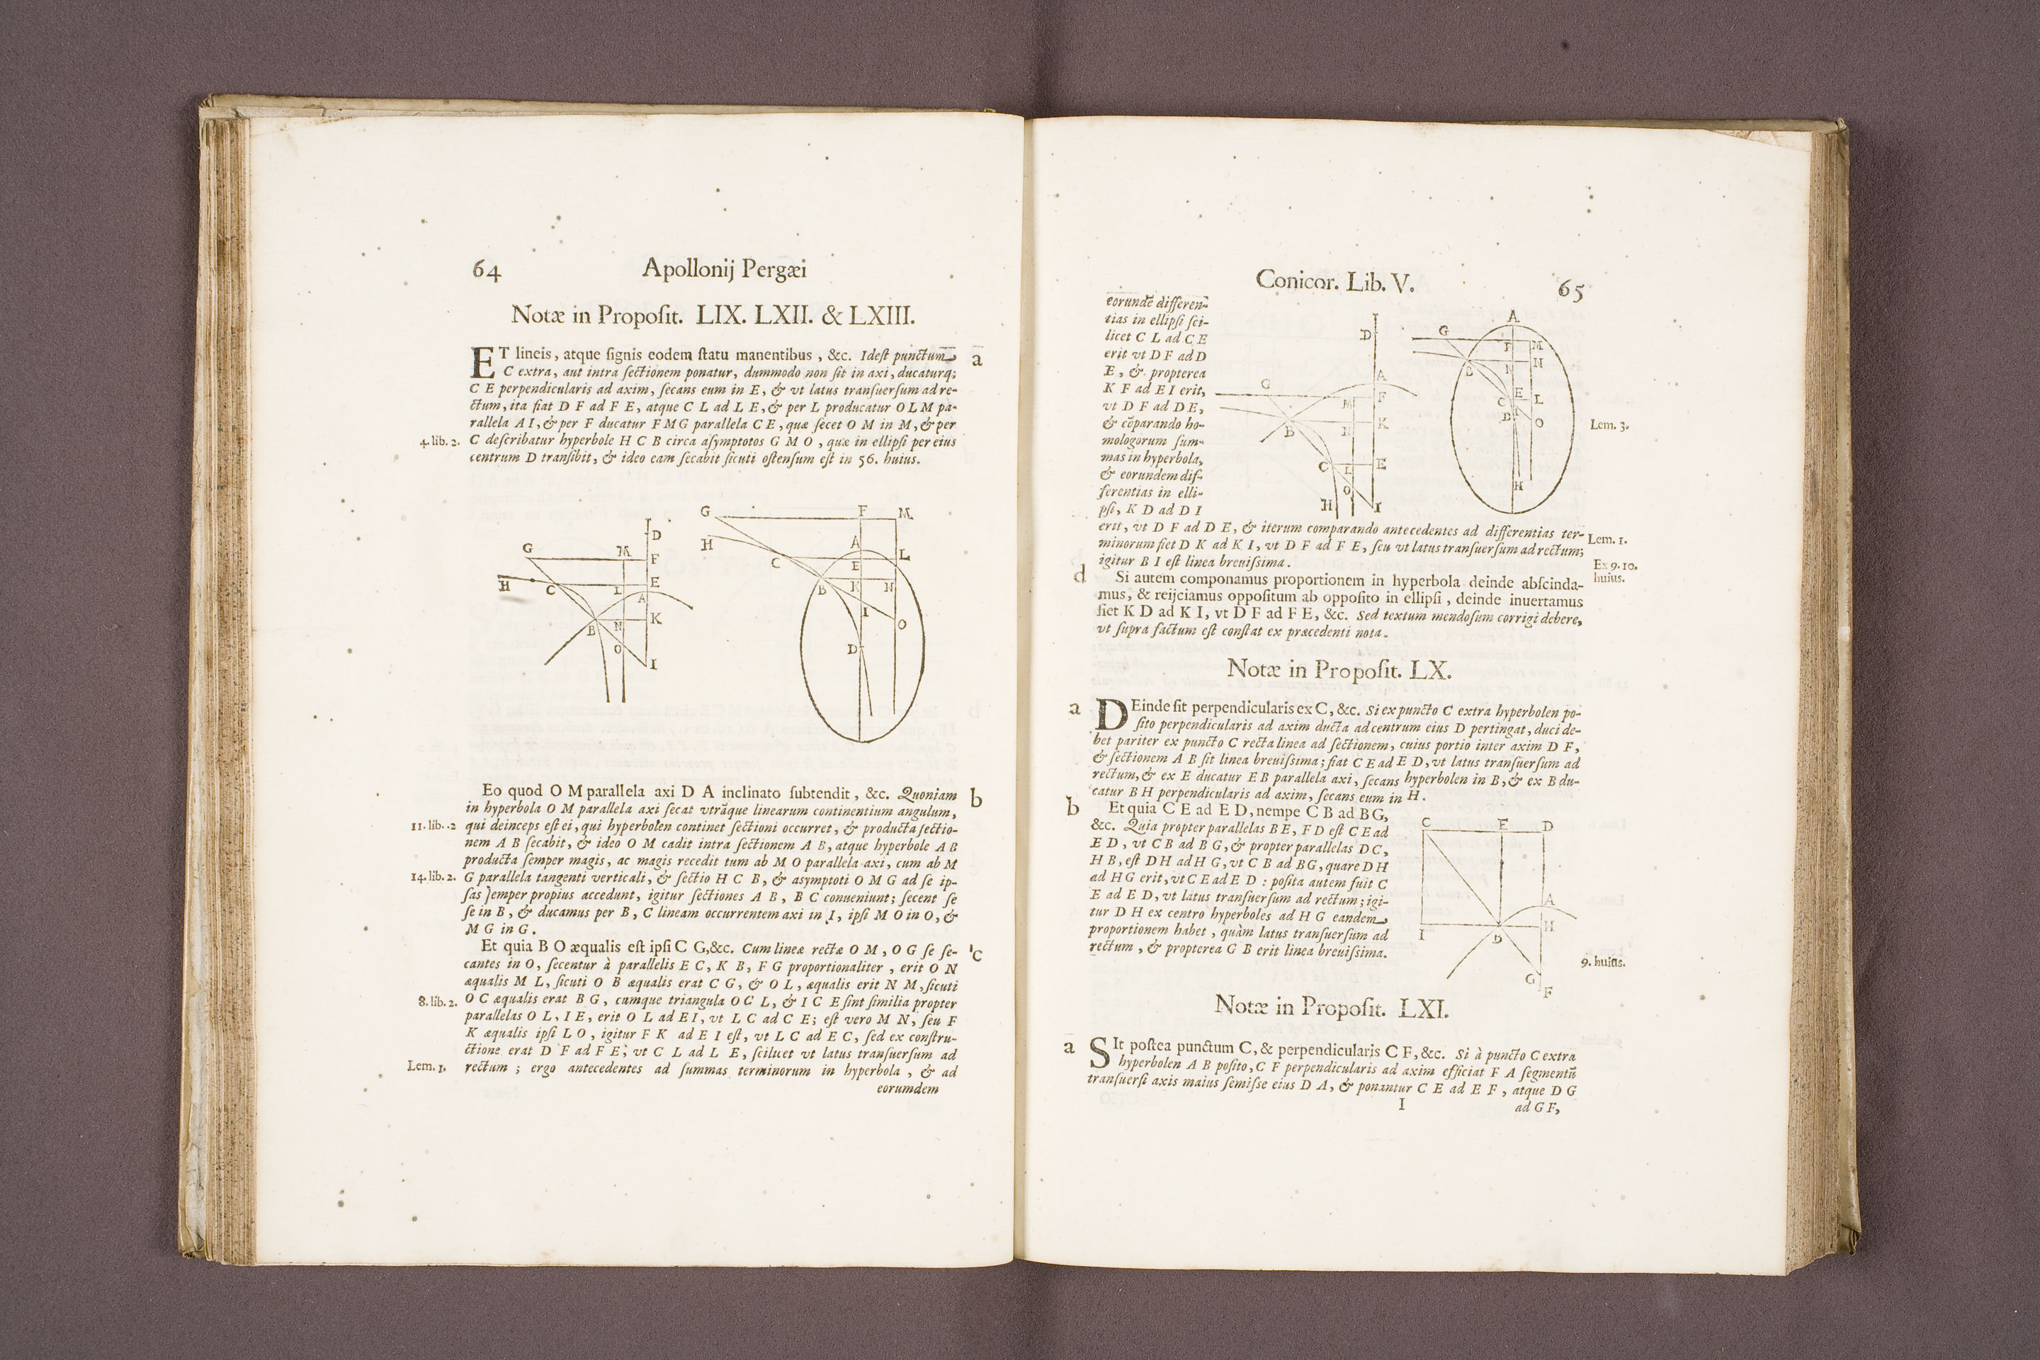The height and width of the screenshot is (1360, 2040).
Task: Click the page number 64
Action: [487, 271]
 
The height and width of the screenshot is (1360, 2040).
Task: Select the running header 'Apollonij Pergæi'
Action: [724, 271]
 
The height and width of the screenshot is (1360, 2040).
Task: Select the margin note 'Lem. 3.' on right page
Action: [1611, 426]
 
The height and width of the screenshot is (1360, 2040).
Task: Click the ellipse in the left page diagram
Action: [862, 650]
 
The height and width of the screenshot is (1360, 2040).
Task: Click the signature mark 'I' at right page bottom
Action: [1402, 1106]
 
